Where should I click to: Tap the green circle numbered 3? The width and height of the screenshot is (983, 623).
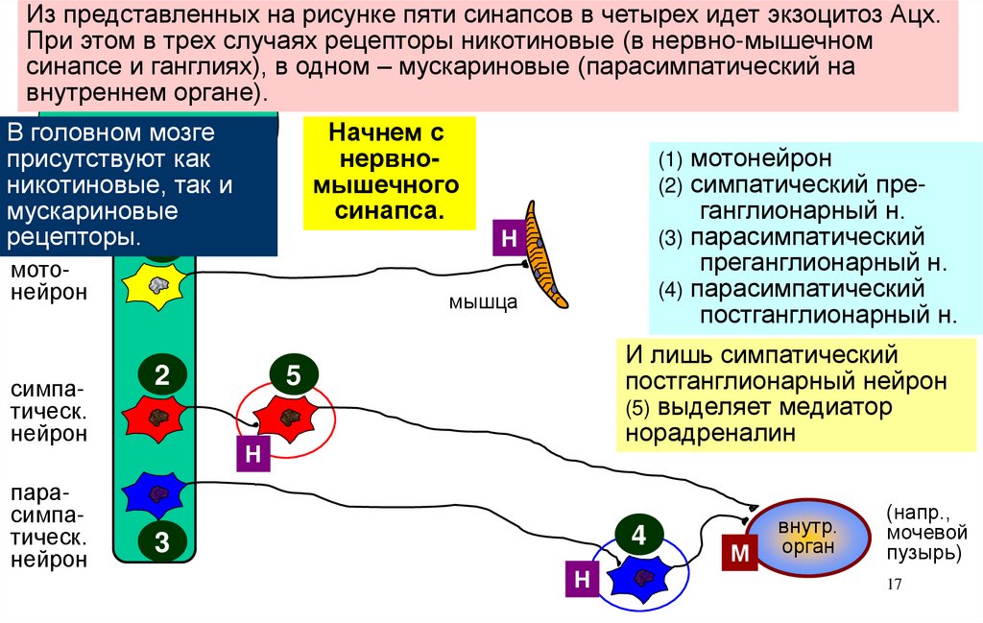click(161, 543)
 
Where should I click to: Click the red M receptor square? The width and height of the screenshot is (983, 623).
click(739, 554)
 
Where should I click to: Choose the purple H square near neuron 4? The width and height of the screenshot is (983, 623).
click(582, 579)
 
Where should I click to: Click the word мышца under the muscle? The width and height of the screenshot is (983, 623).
click(483, 302)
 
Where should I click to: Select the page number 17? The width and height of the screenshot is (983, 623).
click(894, 587)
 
